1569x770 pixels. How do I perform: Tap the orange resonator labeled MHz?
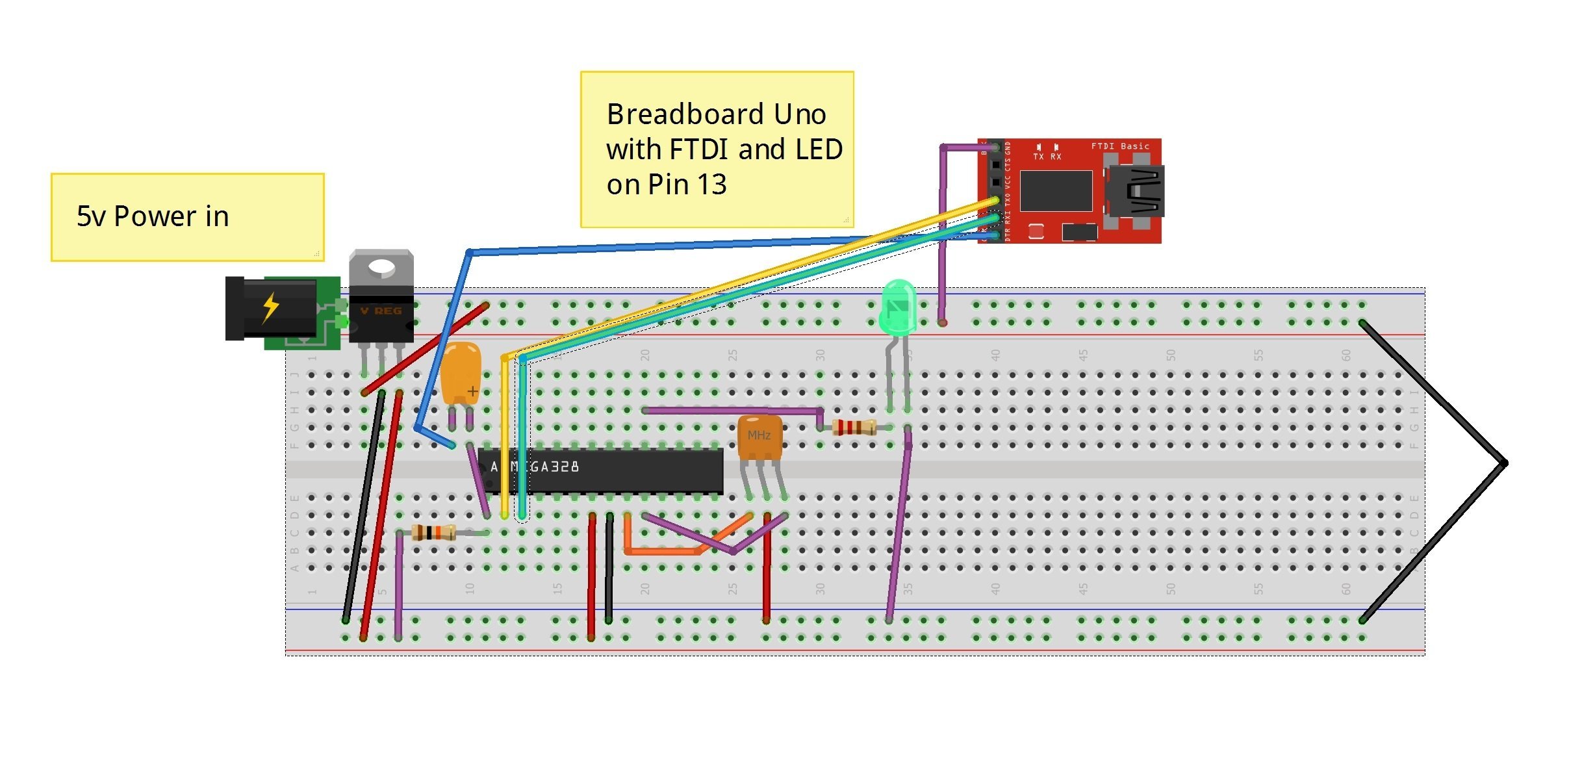tap(759, 437)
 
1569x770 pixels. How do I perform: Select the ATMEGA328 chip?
tap(601, 470)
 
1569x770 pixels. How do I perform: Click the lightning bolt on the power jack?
tap(270, 307)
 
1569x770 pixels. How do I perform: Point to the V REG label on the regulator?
tap(381, 311)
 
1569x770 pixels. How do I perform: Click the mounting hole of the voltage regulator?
tap(381, 266)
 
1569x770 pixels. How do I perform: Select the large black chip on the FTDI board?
tap(1055, 190)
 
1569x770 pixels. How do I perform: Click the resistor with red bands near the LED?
tap(853, 427)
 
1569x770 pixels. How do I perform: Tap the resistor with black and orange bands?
tap(433, 533)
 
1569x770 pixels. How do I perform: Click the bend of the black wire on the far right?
tap(1504, 463)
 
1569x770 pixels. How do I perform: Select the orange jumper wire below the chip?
tap(663, 551)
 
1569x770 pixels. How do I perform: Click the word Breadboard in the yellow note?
tap(676, 114)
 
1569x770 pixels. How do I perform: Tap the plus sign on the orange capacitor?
tap(472, 391)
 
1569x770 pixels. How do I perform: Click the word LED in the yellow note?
tap(819, 149)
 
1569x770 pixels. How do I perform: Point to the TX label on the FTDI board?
tap(1038, 157)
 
